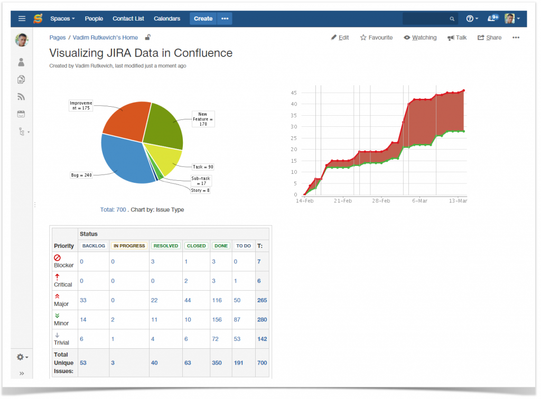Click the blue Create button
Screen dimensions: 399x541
[x=203, y=18]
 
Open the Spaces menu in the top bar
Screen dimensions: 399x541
[x=62, y=18]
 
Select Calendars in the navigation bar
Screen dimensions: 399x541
[x=167, y=18]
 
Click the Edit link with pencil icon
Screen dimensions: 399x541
[x=340, y=38]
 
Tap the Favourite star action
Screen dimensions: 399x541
[x=376, y=38]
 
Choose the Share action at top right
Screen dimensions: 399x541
[x=489, y=38]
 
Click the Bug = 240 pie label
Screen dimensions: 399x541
[x=81, y=175]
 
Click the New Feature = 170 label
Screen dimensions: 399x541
[x=203, y=119]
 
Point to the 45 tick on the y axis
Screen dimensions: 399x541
[x=294, y=92]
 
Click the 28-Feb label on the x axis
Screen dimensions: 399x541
[x=381, y=201]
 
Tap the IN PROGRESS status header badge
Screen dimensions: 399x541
[x=129, y=246]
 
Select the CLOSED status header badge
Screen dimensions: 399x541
[x=196, y=246]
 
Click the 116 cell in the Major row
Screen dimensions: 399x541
[x=217, y=300]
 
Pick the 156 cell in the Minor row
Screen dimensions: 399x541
[x=217, y=320]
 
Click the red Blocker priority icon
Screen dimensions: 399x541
[x=57, y=257]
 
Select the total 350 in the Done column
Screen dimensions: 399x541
[x=217, y=363]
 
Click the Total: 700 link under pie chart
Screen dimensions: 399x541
[x=113, y=210]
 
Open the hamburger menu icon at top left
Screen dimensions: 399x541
[x=22, y=18]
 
